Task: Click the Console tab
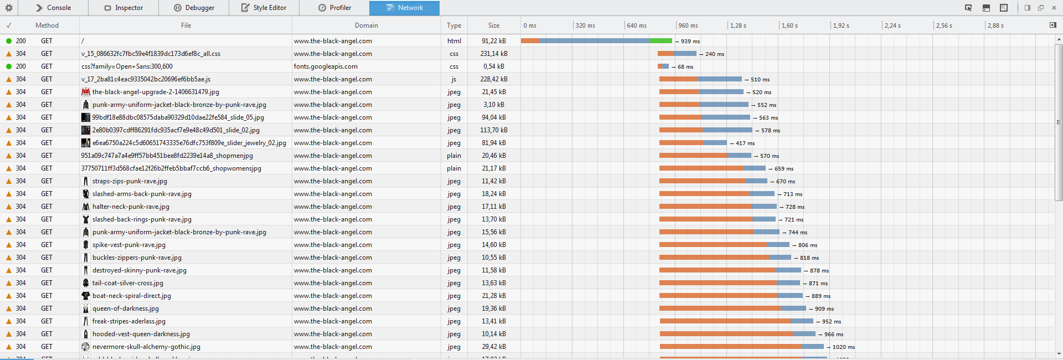(x=54, y=8)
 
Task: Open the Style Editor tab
(x=264, y=8)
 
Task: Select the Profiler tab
(x=335, y=8)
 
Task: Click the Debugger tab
(x=194, y=8)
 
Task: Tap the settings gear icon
(x=9, y=8)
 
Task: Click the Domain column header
(x=367, y=25)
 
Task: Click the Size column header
(x=494, y=25)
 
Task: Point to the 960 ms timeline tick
(x=688, y=25)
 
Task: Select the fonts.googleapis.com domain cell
(x=326, y=66)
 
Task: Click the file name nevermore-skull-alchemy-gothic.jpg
(x=146, y=347)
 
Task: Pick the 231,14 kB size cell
(x=494, y=54)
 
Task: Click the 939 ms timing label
(x=690, y=42)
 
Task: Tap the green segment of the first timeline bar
(x=660, y=41)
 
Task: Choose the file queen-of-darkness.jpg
(x=126, y=308)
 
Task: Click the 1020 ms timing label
(x=843, y=347)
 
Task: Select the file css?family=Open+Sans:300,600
(x=127, y=66)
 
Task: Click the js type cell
(x=454, y=79)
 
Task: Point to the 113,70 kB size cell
(x=494, y=130)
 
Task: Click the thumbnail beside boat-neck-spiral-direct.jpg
(x=85, y=296)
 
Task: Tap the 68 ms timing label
(x=685, y=67)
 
